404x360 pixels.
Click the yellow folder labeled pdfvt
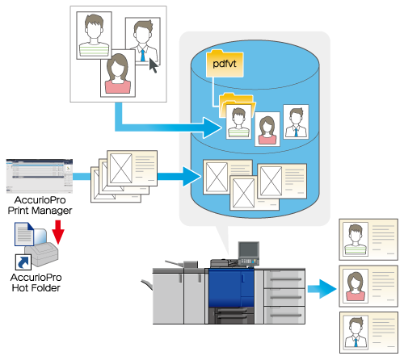pos(225,64)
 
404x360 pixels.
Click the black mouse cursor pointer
pos(154,65)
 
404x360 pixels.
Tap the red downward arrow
pos(58,232)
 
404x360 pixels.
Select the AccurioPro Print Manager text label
pos(40,205)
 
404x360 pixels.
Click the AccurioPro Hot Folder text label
pos(36,283)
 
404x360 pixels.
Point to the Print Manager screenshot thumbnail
pos(40,176)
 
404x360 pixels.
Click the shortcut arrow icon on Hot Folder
pos(23,262)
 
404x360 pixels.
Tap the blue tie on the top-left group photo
pos(142,55)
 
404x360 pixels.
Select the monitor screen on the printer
pos(249,250)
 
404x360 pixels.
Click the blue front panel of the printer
pos(231,288)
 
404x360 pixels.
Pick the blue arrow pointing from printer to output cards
pos(322,289)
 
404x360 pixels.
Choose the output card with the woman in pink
pos(368,286)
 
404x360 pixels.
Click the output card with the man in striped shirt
pos(368,240)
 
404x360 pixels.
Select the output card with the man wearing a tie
pos(368,333)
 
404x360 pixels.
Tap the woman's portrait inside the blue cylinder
pos(267,129)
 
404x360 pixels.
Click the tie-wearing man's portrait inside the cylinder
pos(296,122)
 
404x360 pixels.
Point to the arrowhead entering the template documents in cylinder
pos(191,177)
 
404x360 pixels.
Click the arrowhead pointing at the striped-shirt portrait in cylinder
pos(213,128)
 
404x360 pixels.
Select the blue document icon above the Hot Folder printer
pos(24,234)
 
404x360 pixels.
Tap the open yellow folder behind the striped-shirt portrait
pos(237,103)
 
